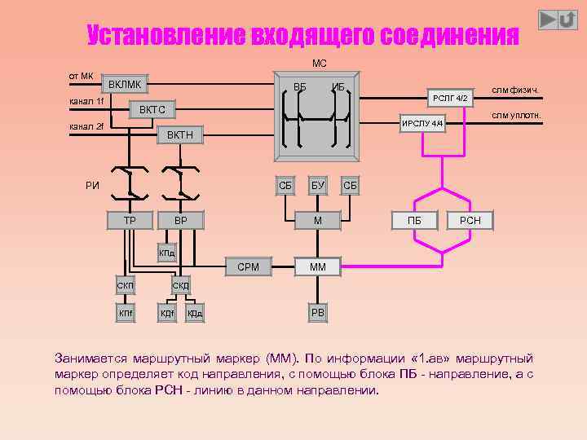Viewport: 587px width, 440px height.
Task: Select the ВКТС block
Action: (152, 109)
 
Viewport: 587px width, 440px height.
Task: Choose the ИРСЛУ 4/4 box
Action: (422, 123)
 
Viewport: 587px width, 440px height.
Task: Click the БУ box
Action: (318, 186)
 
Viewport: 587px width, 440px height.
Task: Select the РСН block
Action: (470, 220)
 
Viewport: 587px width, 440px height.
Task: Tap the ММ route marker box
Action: (318, 266)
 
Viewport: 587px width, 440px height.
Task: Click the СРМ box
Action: (248, 266)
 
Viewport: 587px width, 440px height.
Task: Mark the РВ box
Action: (318, 312)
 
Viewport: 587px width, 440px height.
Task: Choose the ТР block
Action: (130, 220)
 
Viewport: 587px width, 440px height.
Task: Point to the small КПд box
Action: (166, 253)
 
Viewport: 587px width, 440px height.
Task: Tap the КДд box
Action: (195, 312)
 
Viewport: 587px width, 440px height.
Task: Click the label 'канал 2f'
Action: (86, 126)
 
